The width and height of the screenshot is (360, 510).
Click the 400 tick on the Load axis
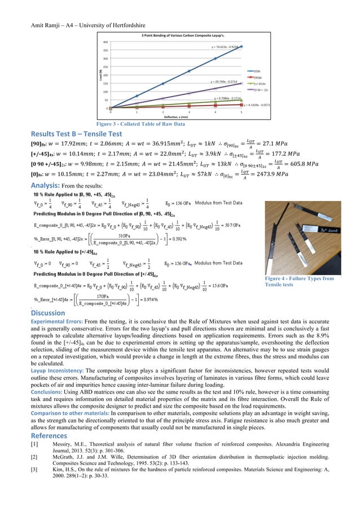tap(106, 42)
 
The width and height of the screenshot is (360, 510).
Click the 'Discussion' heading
tap(50, 313)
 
